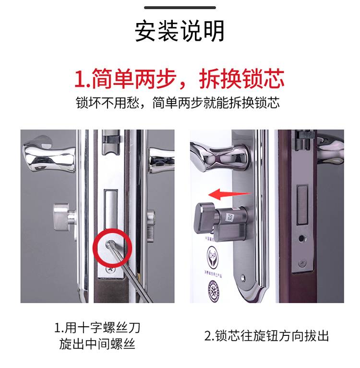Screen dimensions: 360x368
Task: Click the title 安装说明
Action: tap(180, 31)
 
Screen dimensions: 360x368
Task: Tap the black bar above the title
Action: tap(180, 8)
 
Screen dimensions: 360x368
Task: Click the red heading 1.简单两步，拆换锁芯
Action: tap(179, 79)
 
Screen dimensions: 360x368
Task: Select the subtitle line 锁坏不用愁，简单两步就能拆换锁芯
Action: tap(178, 103)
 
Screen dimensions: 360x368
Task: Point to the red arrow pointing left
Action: tap(229, 194)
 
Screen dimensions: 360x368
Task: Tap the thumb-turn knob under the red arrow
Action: tap(205, 217)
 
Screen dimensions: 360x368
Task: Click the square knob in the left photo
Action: tap(61, 217)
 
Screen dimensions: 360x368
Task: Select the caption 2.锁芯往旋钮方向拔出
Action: tap(266, 335)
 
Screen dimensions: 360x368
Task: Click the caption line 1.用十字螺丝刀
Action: tap(97, 327)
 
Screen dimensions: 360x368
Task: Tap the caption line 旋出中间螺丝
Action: tap(97, 344)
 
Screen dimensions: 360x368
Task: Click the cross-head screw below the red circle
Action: tap(110, 270)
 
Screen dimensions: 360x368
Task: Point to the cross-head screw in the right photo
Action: tap(303, 263)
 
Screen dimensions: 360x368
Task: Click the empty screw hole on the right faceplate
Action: tap(301, 239)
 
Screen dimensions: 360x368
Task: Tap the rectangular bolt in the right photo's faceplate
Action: tap(302, 204)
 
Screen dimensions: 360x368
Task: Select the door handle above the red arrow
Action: tap(219, 155)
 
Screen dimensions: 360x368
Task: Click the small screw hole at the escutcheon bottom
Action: tap(243, 278)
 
